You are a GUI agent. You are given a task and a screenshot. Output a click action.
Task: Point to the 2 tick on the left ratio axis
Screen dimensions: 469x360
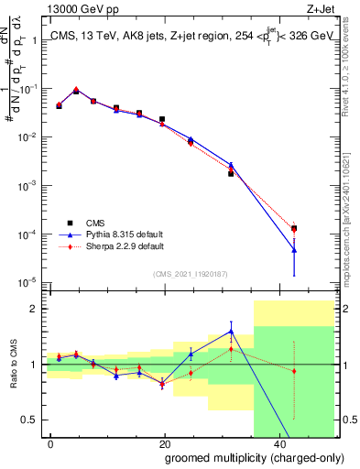click(x=37, y=309)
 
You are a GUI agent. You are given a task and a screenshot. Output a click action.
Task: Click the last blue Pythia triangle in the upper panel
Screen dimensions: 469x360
click(x=294, y=249)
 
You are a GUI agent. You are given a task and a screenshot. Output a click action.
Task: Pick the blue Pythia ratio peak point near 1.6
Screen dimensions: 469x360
click(x=231, y=332)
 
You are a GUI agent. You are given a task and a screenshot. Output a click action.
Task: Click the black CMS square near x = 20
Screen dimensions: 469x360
click(x=162, y=119)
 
